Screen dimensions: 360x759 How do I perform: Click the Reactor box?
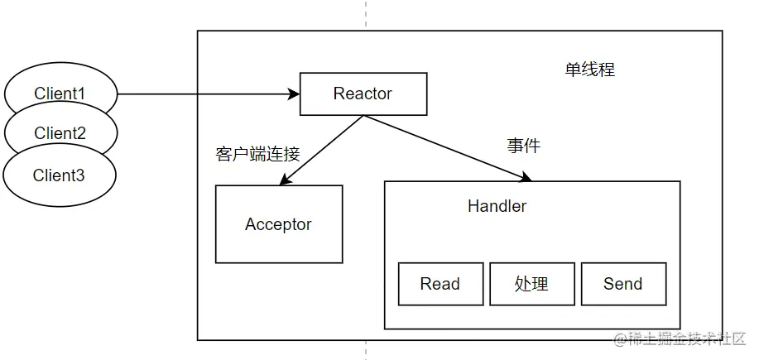pos(363,94)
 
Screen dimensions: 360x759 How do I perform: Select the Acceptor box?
pos(279,224)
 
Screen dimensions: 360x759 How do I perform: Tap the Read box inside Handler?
pos(440,284)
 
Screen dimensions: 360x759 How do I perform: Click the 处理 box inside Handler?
pos(531,284)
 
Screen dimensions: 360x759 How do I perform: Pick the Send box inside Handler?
pos(622,284)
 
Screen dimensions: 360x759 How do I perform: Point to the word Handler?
pos(497,206)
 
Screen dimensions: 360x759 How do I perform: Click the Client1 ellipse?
pos(60,93)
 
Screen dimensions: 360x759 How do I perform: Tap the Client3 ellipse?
pos(59,175)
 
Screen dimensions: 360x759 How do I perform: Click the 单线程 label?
pos(589,70)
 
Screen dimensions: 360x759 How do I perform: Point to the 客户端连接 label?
pos(257,154)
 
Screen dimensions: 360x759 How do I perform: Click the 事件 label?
pos(523,146)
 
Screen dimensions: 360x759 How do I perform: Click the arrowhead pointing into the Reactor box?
pos(293,94)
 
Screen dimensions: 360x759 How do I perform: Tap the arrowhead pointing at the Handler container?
pos(526,177)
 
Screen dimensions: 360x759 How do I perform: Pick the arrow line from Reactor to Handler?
pos(447,146)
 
